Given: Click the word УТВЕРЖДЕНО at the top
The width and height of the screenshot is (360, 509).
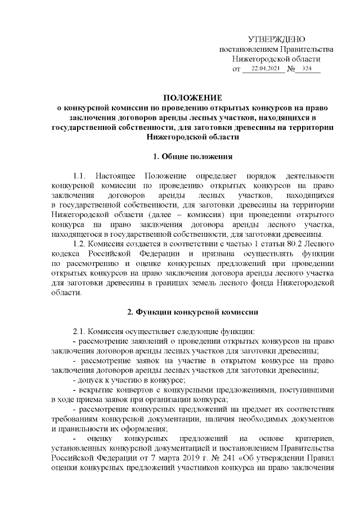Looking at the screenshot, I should coord(276,39).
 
